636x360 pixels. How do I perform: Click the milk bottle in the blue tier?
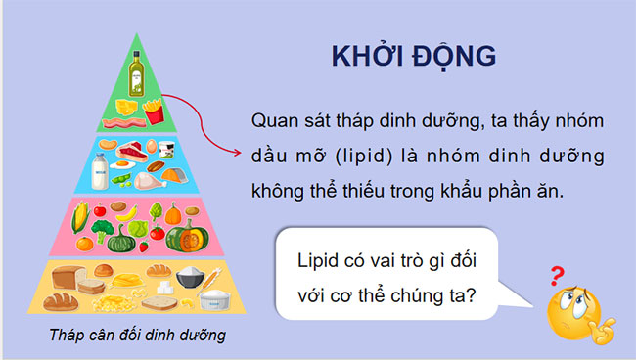point(99,173)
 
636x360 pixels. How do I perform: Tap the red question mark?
point(559,276)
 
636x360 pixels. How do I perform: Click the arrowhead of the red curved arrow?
point(237,154)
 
